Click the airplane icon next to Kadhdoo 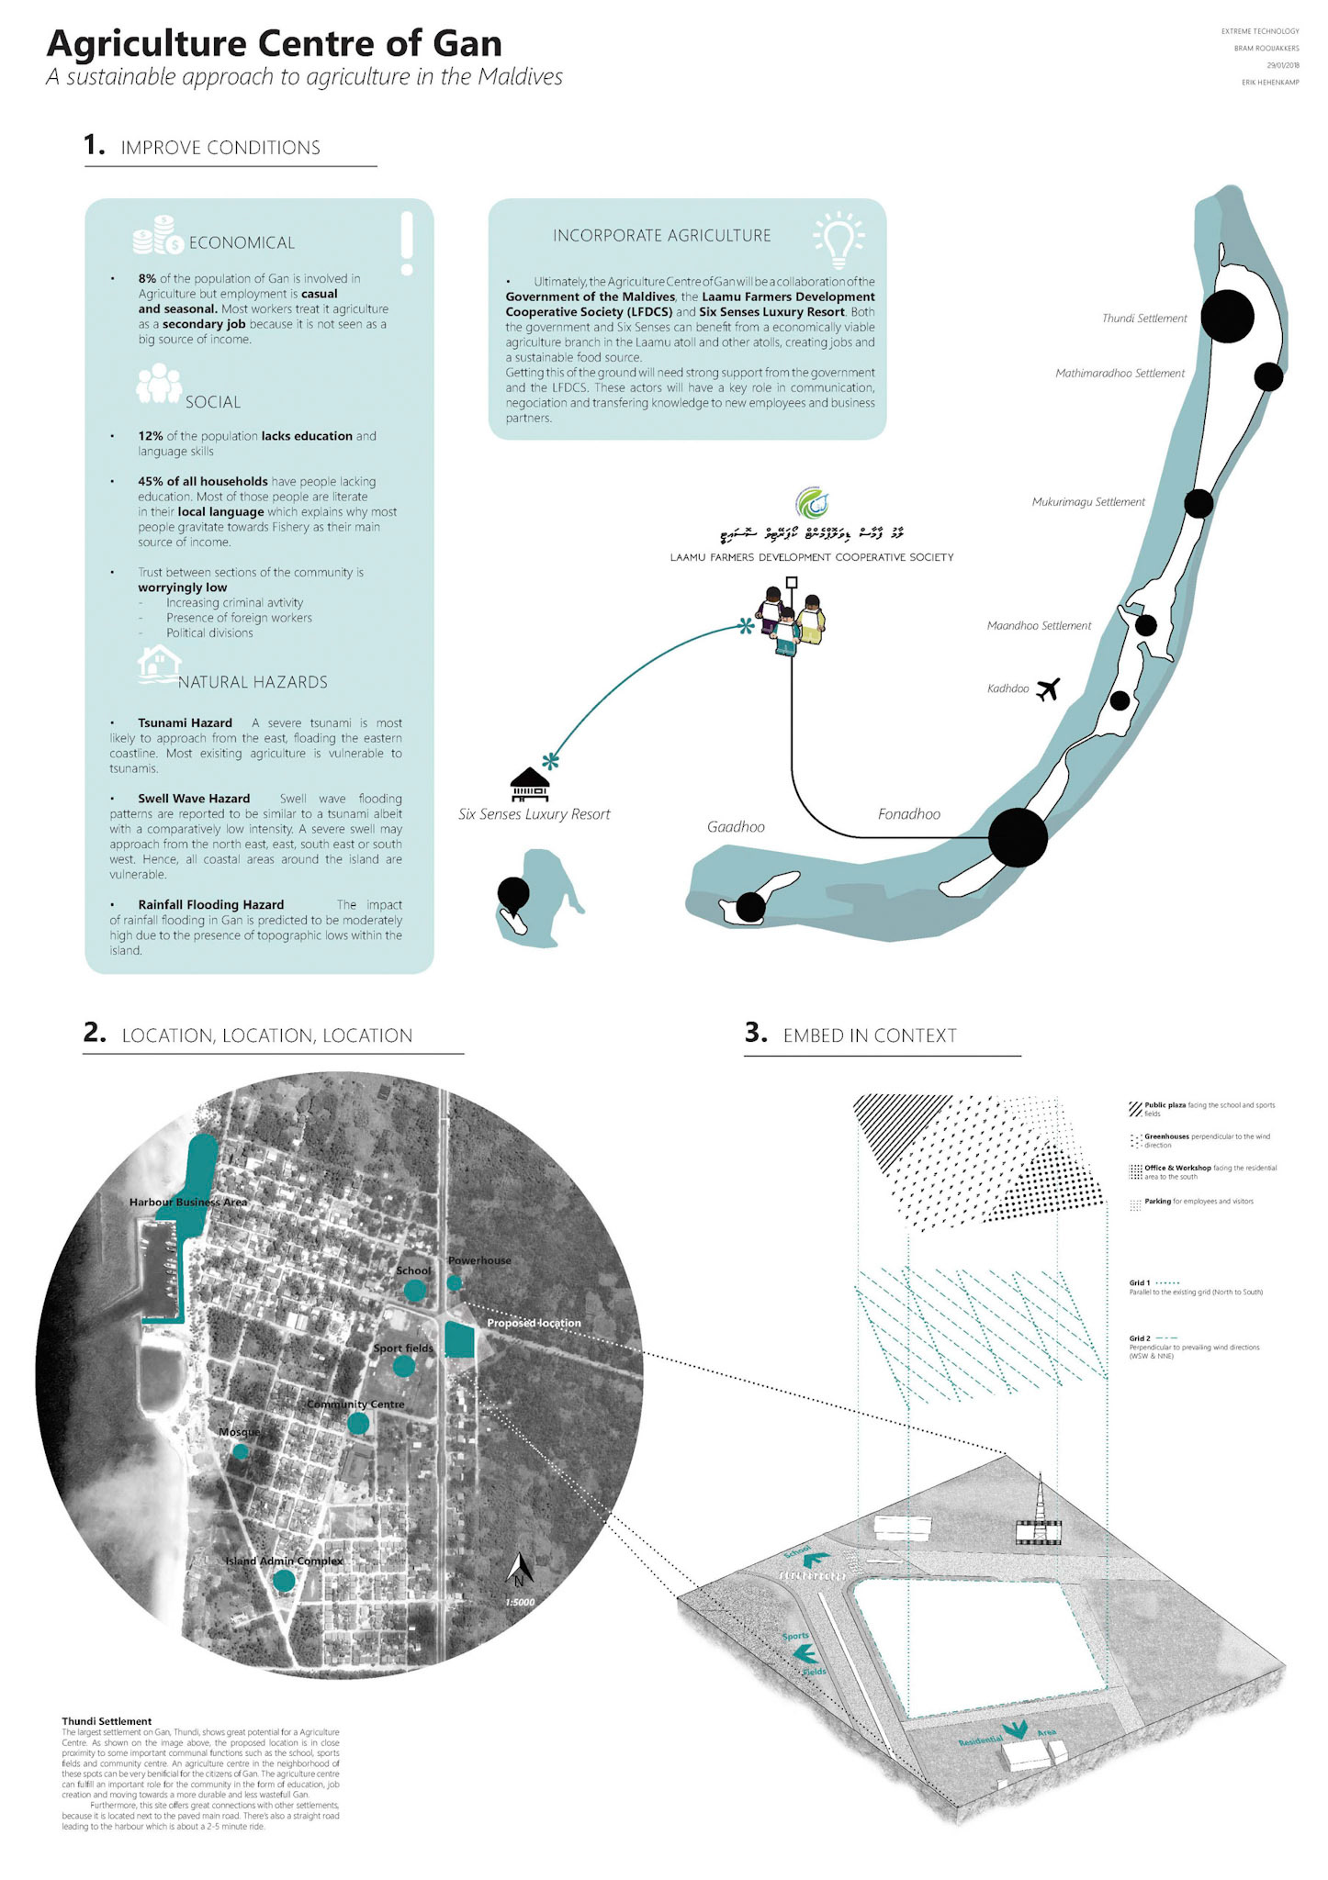click(1048, 688)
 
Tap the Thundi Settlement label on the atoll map click(1144, 319)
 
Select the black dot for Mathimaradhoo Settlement click(1268, 375)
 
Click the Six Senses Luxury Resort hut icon click(530, 784)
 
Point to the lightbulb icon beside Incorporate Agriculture click(838, 239)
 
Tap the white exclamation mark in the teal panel click(407, 243)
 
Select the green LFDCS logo click(812, 503)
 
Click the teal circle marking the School click(415, 1290)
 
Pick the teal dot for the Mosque click(241, 1451)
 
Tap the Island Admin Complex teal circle click(284, 1580)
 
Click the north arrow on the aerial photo click(520, 1570)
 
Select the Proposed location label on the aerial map click(534, 1323)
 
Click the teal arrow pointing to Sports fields click(805, 1654)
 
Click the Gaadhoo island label click(736, 827)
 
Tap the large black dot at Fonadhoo click(1018, 837)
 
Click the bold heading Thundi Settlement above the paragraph click(107, 1721)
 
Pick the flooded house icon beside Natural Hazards click(158, 664)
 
